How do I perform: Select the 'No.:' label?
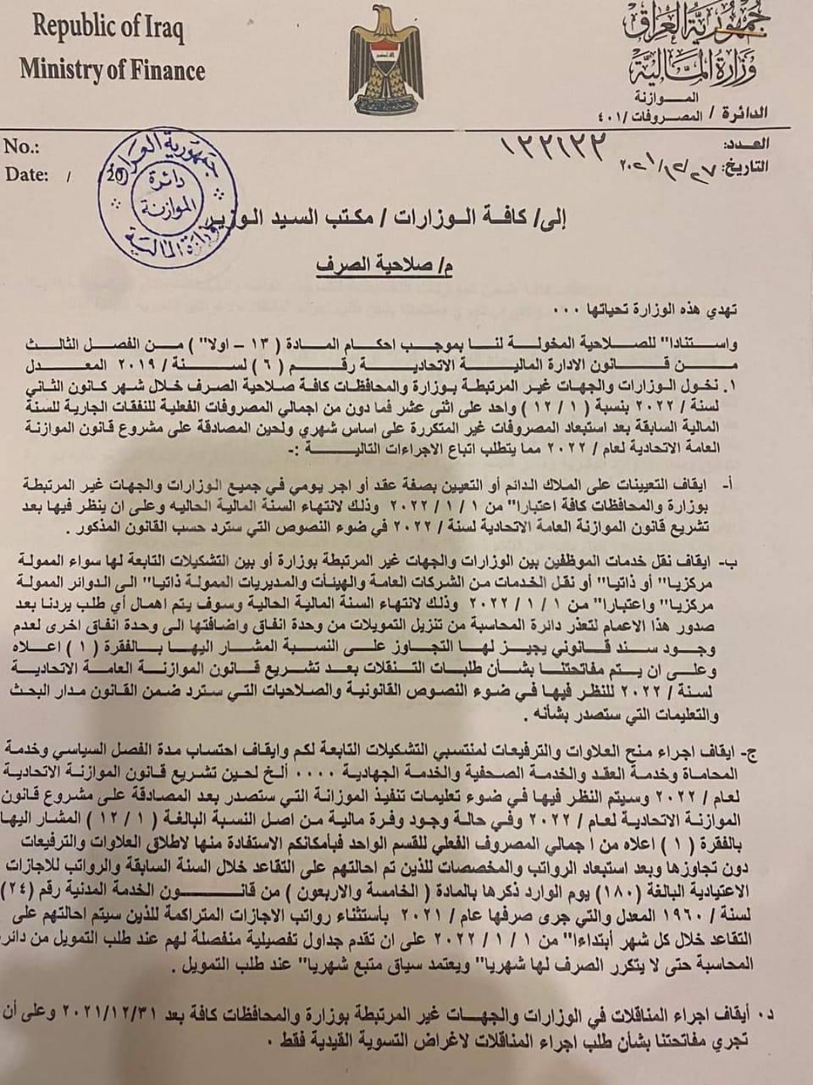click(x=22, y=147)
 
